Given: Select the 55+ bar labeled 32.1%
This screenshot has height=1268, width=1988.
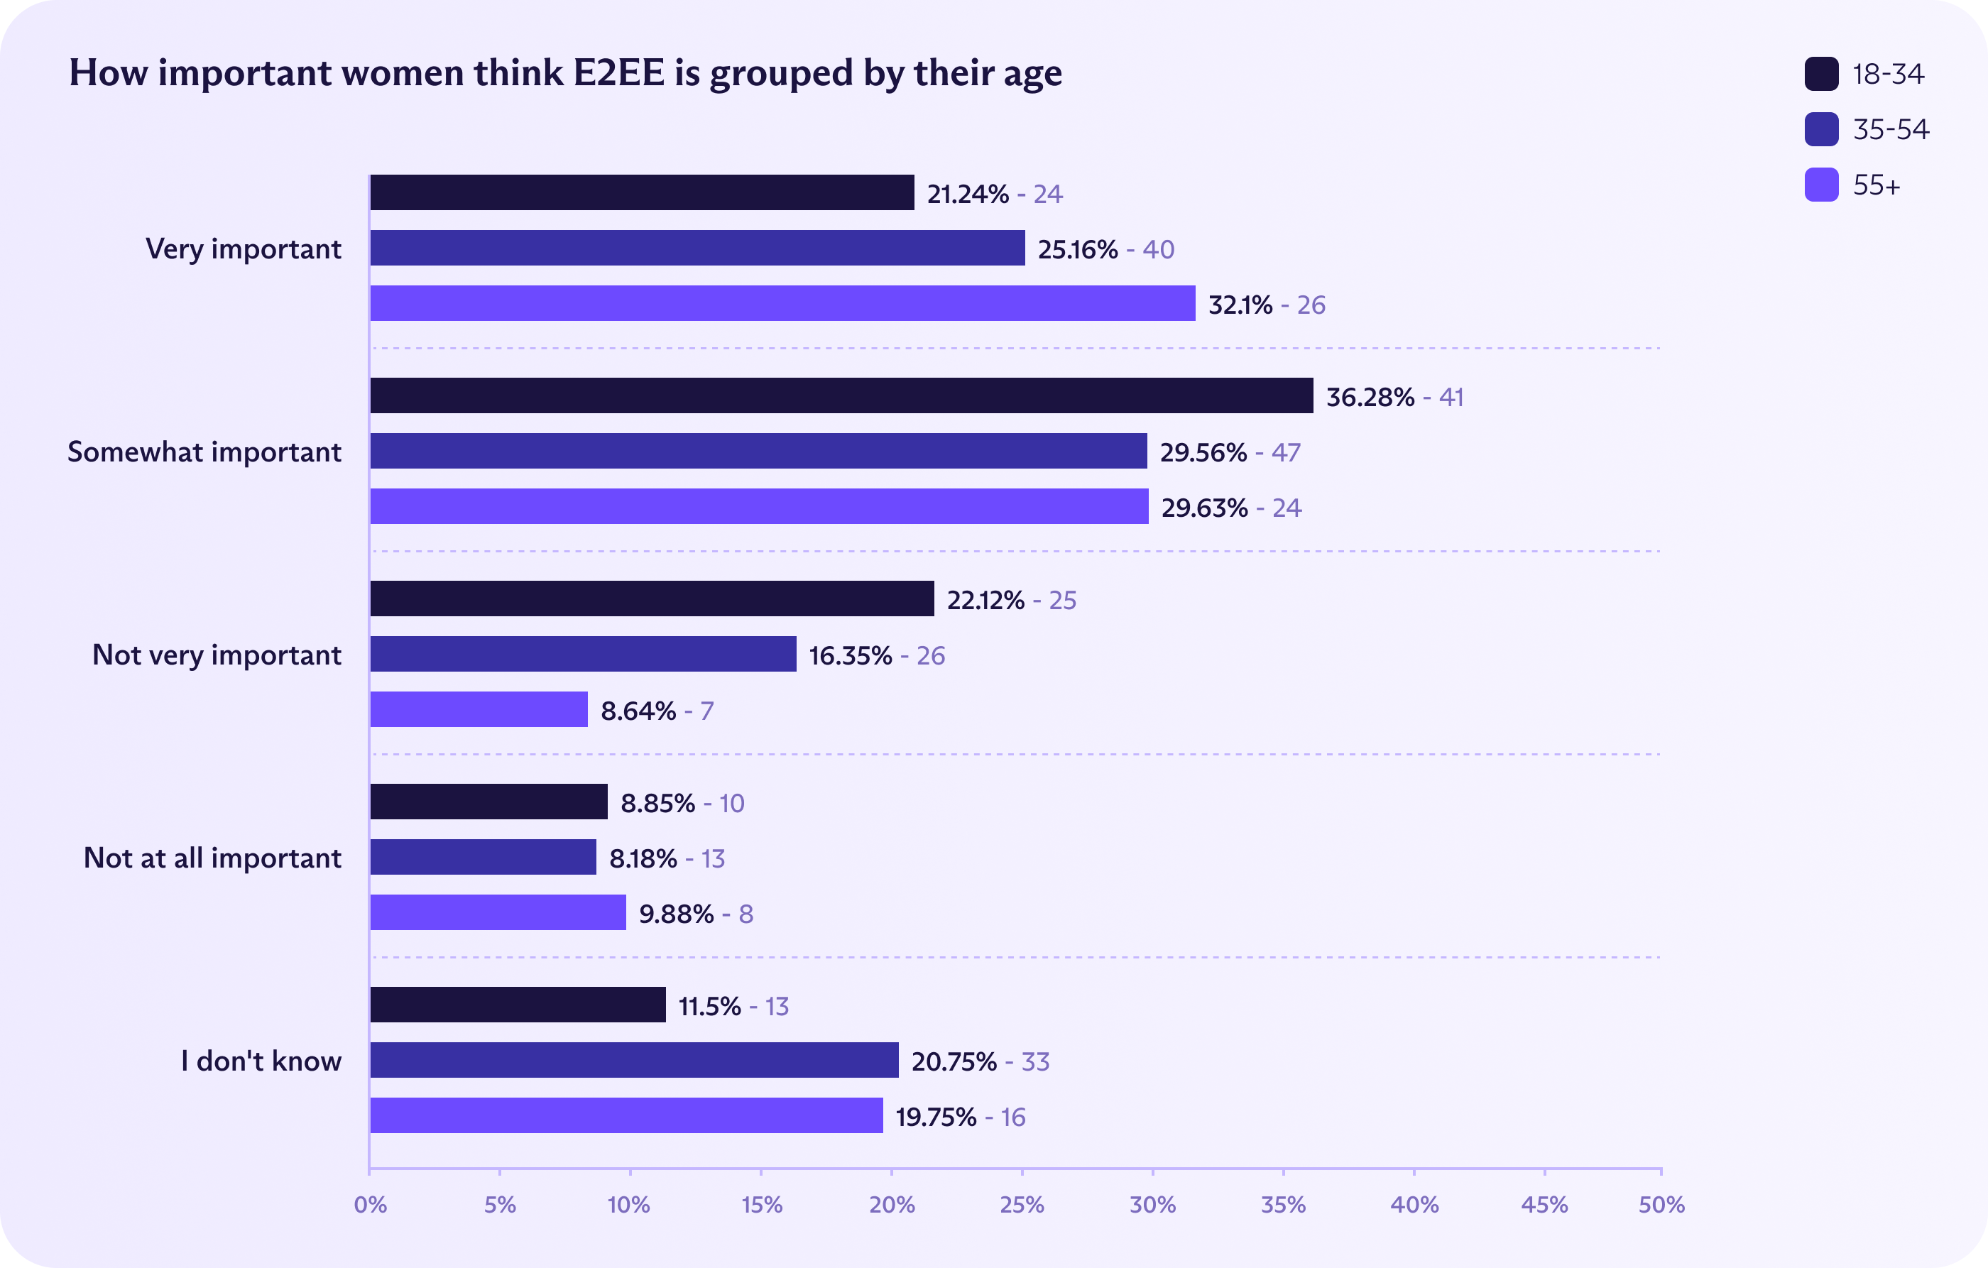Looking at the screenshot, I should point(782,303).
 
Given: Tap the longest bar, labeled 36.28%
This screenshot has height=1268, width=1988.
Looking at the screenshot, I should point(841,395).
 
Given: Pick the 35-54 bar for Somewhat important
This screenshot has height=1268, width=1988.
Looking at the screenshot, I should point(758,451).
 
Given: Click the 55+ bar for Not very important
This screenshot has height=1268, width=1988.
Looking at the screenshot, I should point(479,709).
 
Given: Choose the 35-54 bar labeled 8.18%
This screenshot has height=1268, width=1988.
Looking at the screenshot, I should point(483,857).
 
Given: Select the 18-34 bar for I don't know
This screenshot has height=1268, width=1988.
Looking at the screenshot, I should point(518,1005).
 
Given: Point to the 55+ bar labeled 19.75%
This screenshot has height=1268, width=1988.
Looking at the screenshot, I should point(626,1115).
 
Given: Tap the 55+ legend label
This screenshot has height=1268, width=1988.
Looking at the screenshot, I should point(1877,185).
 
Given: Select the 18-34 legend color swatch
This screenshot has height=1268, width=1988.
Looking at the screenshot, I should point(1821,73).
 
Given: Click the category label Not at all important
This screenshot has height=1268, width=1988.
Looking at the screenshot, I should point(212,858).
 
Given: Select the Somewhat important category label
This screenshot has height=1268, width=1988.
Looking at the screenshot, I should point(204,452).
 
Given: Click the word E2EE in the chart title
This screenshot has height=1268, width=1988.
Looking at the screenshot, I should point(619,72).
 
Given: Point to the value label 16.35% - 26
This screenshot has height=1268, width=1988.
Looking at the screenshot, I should point(877,655).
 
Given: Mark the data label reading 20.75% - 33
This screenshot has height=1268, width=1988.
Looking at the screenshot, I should point(980,1061).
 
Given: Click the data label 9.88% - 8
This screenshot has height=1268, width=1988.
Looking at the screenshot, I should point(696,914).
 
